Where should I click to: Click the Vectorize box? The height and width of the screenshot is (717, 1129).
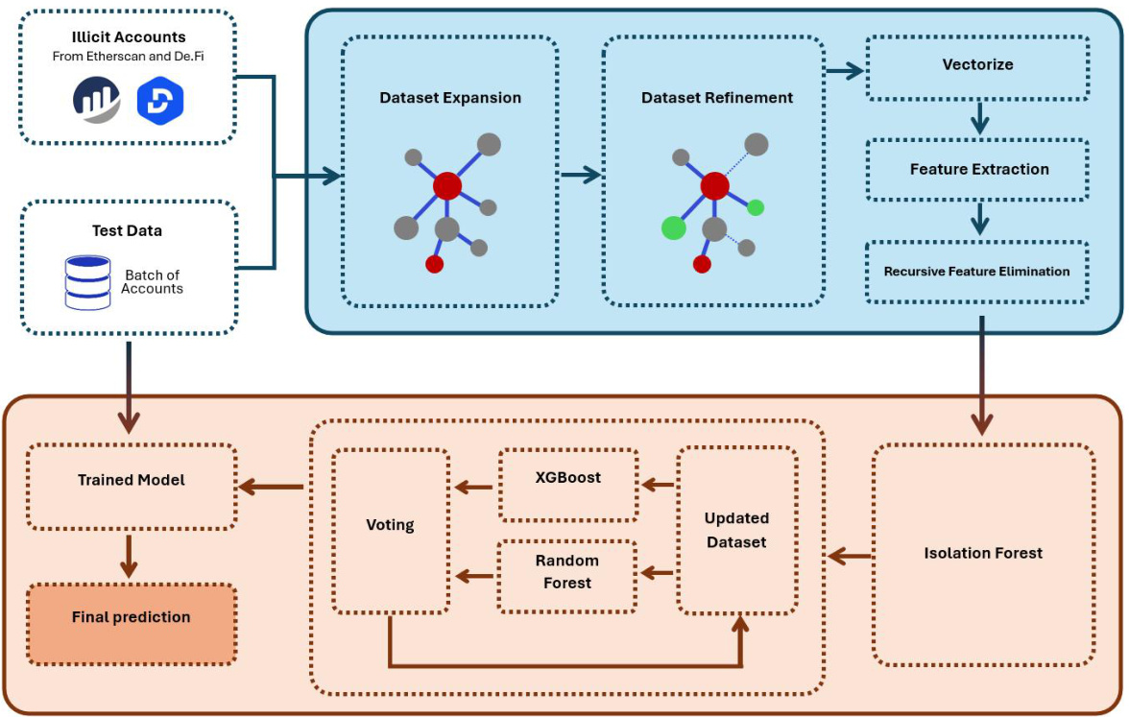click(x=977, y=66)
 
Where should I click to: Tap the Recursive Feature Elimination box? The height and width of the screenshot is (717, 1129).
click(x=977, y=272)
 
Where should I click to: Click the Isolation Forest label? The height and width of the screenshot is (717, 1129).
click(x=983, y=553)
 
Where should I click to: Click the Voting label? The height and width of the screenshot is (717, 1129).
click(x=390, y=525)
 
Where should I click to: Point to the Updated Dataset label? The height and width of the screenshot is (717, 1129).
click(x=736, y=530)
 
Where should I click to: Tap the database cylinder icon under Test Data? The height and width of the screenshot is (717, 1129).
click(x=86, y=282)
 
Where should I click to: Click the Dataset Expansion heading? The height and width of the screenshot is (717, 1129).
click(x=450, y=98)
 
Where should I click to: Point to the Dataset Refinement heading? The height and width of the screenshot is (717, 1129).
click(x=717, y=98)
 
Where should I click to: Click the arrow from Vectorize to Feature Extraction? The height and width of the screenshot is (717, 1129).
click(x=979, y=118)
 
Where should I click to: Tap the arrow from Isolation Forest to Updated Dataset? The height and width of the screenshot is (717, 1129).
click(x=850, y=556)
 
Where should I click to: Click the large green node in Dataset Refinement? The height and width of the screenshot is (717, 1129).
click(x=674, y=227)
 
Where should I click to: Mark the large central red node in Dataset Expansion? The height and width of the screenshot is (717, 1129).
click(x=447, y=185)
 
